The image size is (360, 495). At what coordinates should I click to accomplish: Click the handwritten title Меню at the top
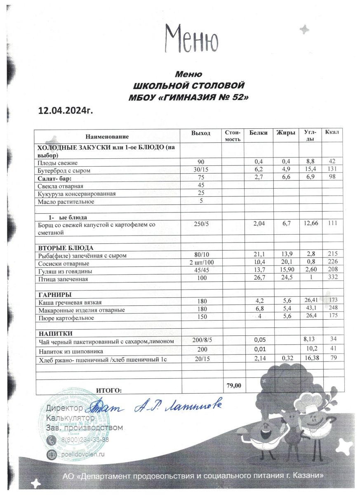(191, 38)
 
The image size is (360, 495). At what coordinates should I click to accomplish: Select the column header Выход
(201, 133)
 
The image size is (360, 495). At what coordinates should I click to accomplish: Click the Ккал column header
(332, 132)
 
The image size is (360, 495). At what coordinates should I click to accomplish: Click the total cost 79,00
(234, 385)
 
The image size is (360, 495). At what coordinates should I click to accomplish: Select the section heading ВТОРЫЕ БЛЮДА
(66, 248)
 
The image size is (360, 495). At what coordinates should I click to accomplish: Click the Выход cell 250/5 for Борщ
(202, 224)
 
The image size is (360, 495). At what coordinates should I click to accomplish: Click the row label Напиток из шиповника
(71, 351)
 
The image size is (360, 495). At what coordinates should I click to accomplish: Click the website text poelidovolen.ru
(84, 454)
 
